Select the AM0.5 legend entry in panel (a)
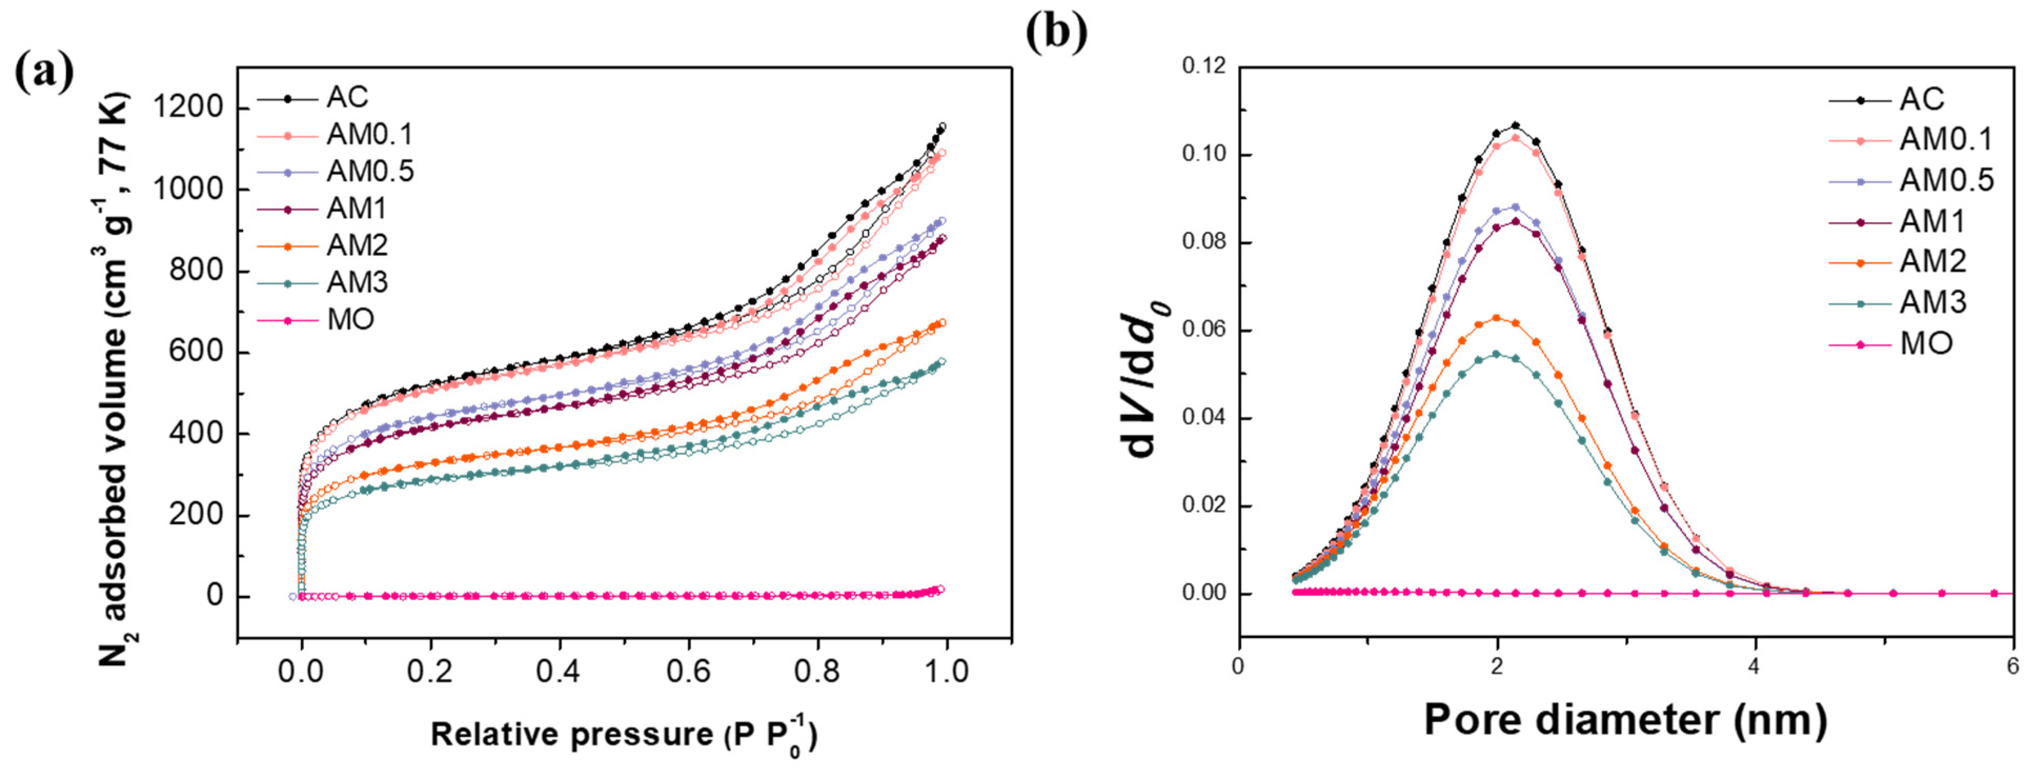coord(370,171)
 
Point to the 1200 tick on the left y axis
coord(189,107)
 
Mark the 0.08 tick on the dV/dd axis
coord(1204,242)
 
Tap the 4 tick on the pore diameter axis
coord(1754,666)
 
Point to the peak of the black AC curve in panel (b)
coord(1515,126)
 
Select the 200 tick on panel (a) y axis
coord(195,514)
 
